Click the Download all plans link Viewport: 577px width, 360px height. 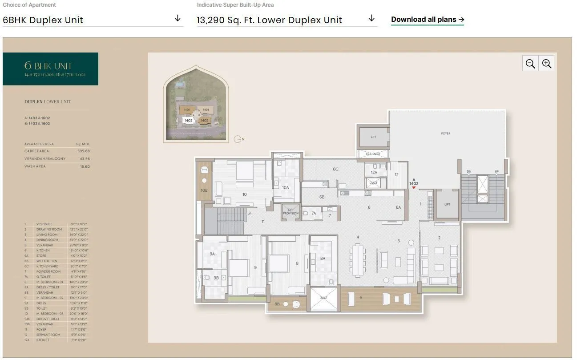pyautogui.click(x=427, y=20)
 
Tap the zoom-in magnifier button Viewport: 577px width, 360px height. pyautogui.click(x=547, y=64)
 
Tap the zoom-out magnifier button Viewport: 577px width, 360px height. pyautogui.click(x=530, y=64)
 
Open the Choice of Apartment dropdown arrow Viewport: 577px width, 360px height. pyautogui.click(x=178, y=18)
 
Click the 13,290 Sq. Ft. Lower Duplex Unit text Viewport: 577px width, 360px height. pyautogui.click(x=269, y=20)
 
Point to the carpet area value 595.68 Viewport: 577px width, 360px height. pyautogui.click(x=83, y=151)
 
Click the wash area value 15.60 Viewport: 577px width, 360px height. pyautogui.click(x=84, y=166)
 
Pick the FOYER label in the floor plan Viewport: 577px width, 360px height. pyautogui.click(x=445, y=133)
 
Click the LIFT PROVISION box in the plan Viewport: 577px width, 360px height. pyautogui.click(x=291, y=212)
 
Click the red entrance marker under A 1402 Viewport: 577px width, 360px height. pyautogui.click(x=414, y=188)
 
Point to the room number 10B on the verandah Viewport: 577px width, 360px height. pyautogui.click(x=204, y=190)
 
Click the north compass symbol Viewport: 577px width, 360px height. pyautogui.click(x=238, y=139)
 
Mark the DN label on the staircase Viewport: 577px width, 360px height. pyautogui.click(x=468, y=172)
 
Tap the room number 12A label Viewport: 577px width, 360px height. pyautogui.click(x=374, y=172)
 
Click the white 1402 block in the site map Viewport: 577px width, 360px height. pyautogui.click(x=188, y=121)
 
